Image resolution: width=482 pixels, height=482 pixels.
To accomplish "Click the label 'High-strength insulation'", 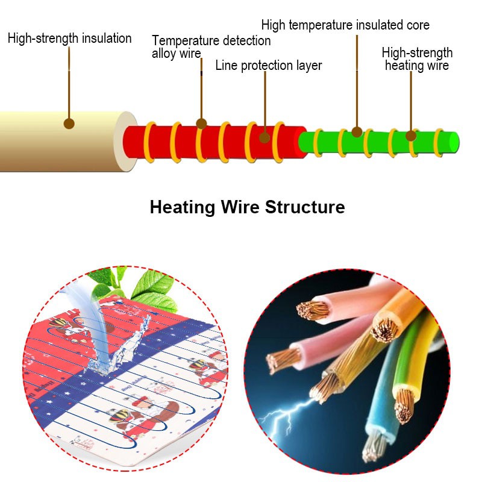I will [x=69, y=39].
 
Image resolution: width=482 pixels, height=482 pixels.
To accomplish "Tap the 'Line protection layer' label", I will [x=269, y=65].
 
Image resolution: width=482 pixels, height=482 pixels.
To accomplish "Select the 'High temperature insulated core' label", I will [x=345, y=25].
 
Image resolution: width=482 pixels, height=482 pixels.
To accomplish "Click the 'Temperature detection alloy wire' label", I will [x=211, y=47].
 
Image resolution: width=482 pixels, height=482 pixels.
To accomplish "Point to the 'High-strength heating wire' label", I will [x=417, y=59].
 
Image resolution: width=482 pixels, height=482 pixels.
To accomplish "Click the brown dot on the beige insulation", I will [x=69, y=124].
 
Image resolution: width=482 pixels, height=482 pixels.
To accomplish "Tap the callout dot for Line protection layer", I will [x=264, y=137].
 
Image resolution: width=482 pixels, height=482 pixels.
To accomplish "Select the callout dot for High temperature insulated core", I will [x=357, y=131].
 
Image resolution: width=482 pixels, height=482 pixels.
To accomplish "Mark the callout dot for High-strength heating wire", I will [x=412, y=136].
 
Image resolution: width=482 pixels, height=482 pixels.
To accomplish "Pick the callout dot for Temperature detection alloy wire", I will [x=201, y=124].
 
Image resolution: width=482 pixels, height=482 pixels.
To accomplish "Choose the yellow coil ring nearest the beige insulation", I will [x=150, y=142].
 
